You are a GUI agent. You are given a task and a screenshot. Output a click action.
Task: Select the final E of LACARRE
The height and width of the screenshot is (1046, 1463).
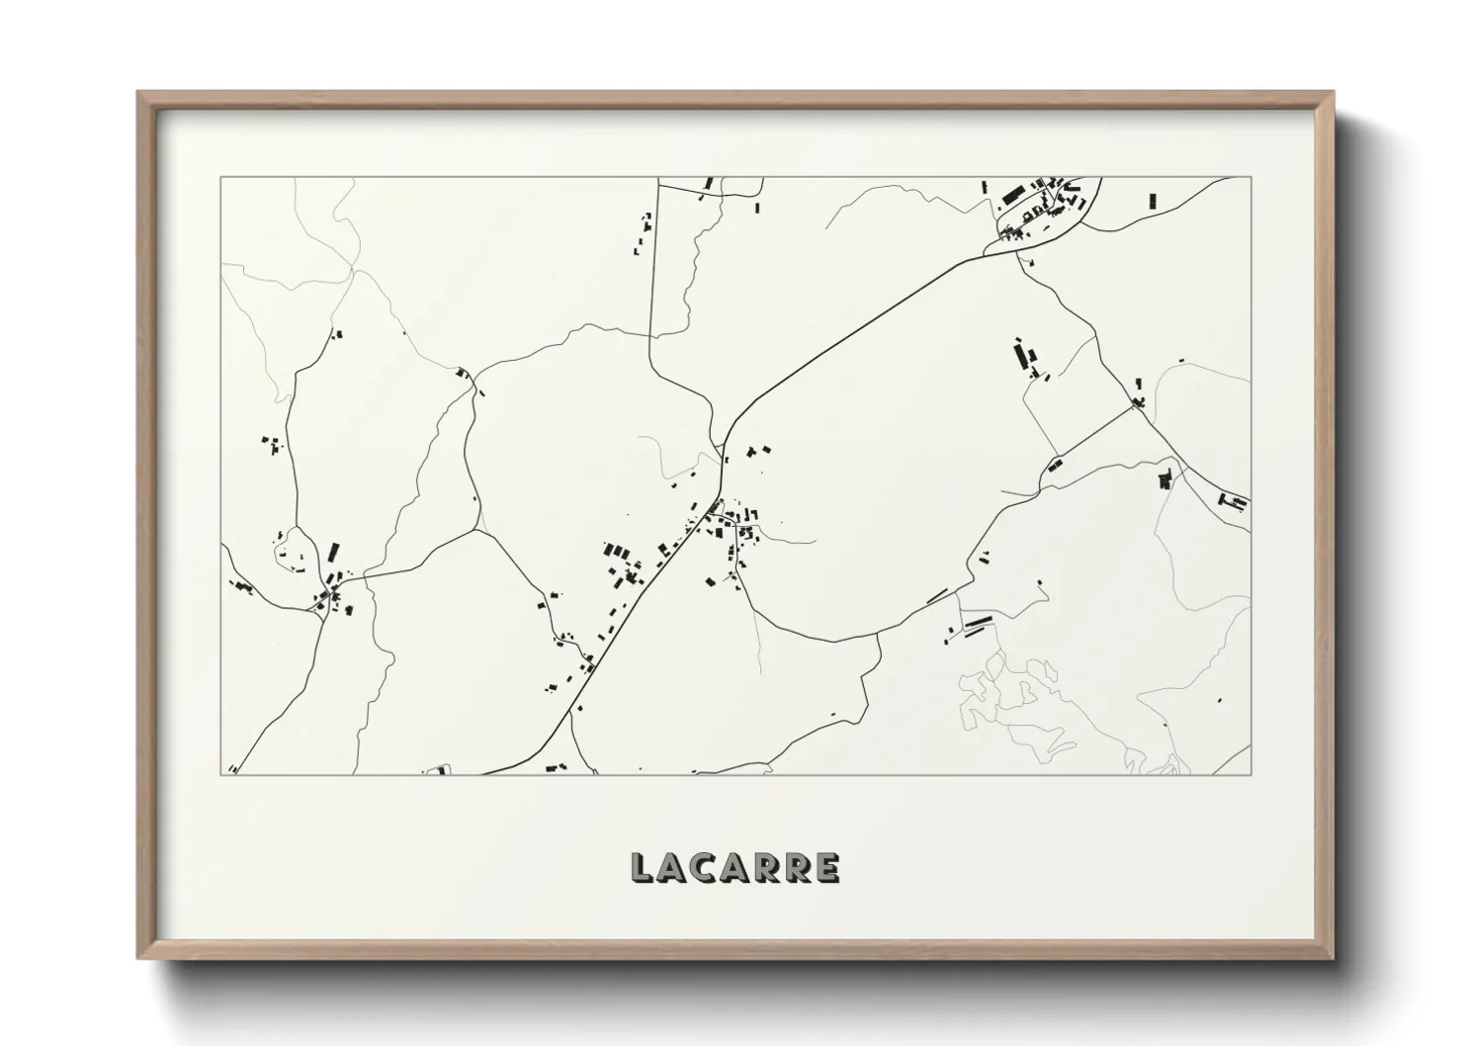(828, 868)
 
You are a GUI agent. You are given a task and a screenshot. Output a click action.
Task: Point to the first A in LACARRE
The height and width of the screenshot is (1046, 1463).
(673, 868)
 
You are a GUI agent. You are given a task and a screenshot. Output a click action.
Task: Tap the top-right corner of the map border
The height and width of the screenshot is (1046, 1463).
(1250, 178)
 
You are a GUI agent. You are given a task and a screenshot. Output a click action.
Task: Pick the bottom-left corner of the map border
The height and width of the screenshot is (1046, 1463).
(220, 774)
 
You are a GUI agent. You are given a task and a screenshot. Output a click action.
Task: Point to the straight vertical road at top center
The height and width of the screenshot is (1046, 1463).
(653, 267)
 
